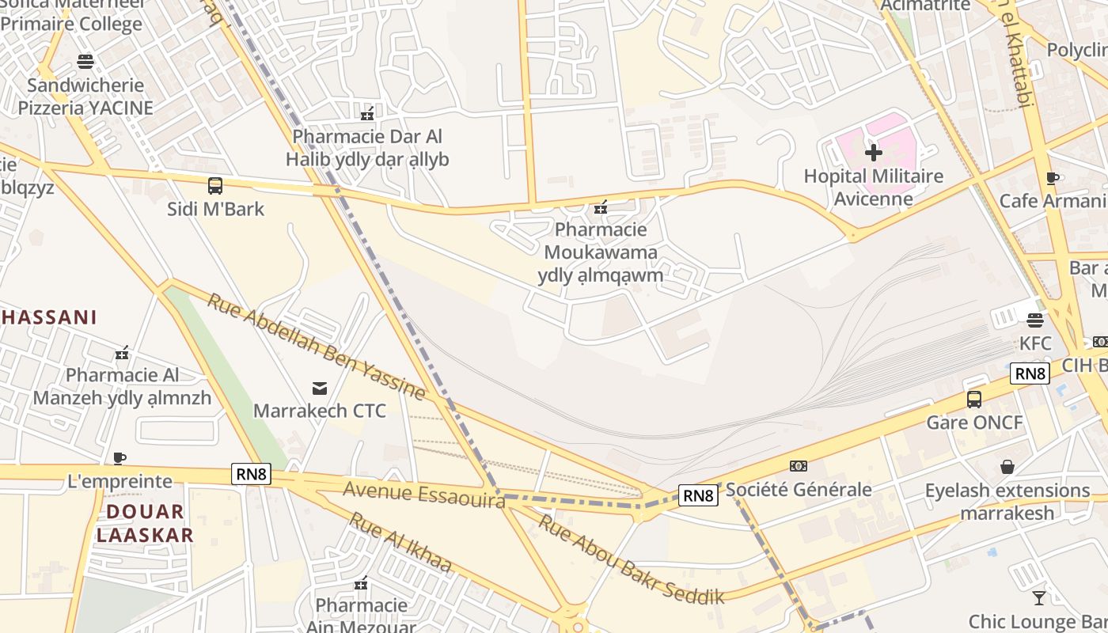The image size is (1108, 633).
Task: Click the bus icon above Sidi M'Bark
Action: [x=214, y=186]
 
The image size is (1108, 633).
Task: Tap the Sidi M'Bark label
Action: [x=215, y=210]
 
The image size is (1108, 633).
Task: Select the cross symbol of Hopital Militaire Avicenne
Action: [x=874, y=152]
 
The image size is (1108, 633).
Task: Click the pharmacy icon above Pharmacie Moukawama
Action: [x=601, y=208]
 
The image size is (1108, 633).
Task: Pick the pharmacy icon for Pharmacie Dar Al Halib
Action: [x=366, y=114]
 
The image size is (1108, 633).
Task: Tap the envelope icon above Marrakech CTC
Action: [x=320, y=388]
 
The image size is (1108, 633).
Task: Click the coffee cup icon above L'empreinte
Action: [x=120, y=458]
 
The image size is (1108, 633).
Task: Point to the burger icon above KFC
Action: [x=1034, y=320]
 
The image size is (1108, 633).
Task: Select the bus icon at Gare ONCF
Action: [x=974, y=400]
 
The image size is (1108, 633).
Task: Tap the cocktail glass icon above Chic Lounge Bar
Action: [x=1039, y=597]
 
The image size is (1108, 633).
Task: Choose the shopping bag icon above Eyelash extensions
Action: [x=1007, y=467]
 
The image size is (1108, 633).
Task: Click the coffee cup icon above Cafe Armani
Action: [x=1052, y=178]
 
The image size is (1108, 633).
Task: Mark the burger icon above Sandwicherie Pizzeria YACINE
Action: [x=85, y=62]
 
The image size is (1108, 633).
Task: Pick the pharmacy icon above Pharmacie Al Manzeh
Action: [x=122, y=353]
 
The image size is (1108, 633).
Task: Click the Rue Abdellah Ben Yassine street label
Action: [x=317, y=346]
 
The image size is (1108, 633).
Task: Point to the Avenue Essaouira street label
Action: [x=423, y=495]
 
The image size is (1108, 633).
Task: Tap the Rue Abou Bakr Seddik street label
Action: [x=631, y=559]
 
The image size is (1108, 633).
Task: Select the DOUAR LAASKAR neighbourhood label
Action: [x=145, y=523]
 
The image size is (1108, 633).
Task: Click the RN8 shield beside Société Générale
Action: [x=699, y=495]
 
